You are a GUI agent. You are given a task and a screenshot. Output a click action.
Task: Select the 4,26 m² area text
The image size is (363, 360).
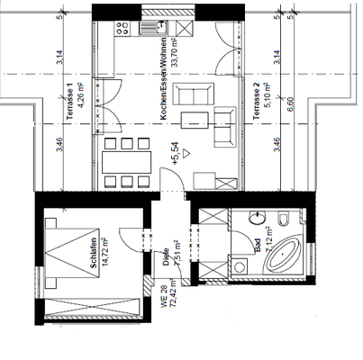[x=80, y=94]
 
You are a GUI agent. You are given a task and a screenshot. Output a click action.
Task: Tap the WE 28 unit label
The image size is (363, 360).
[x=165, y=294]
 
